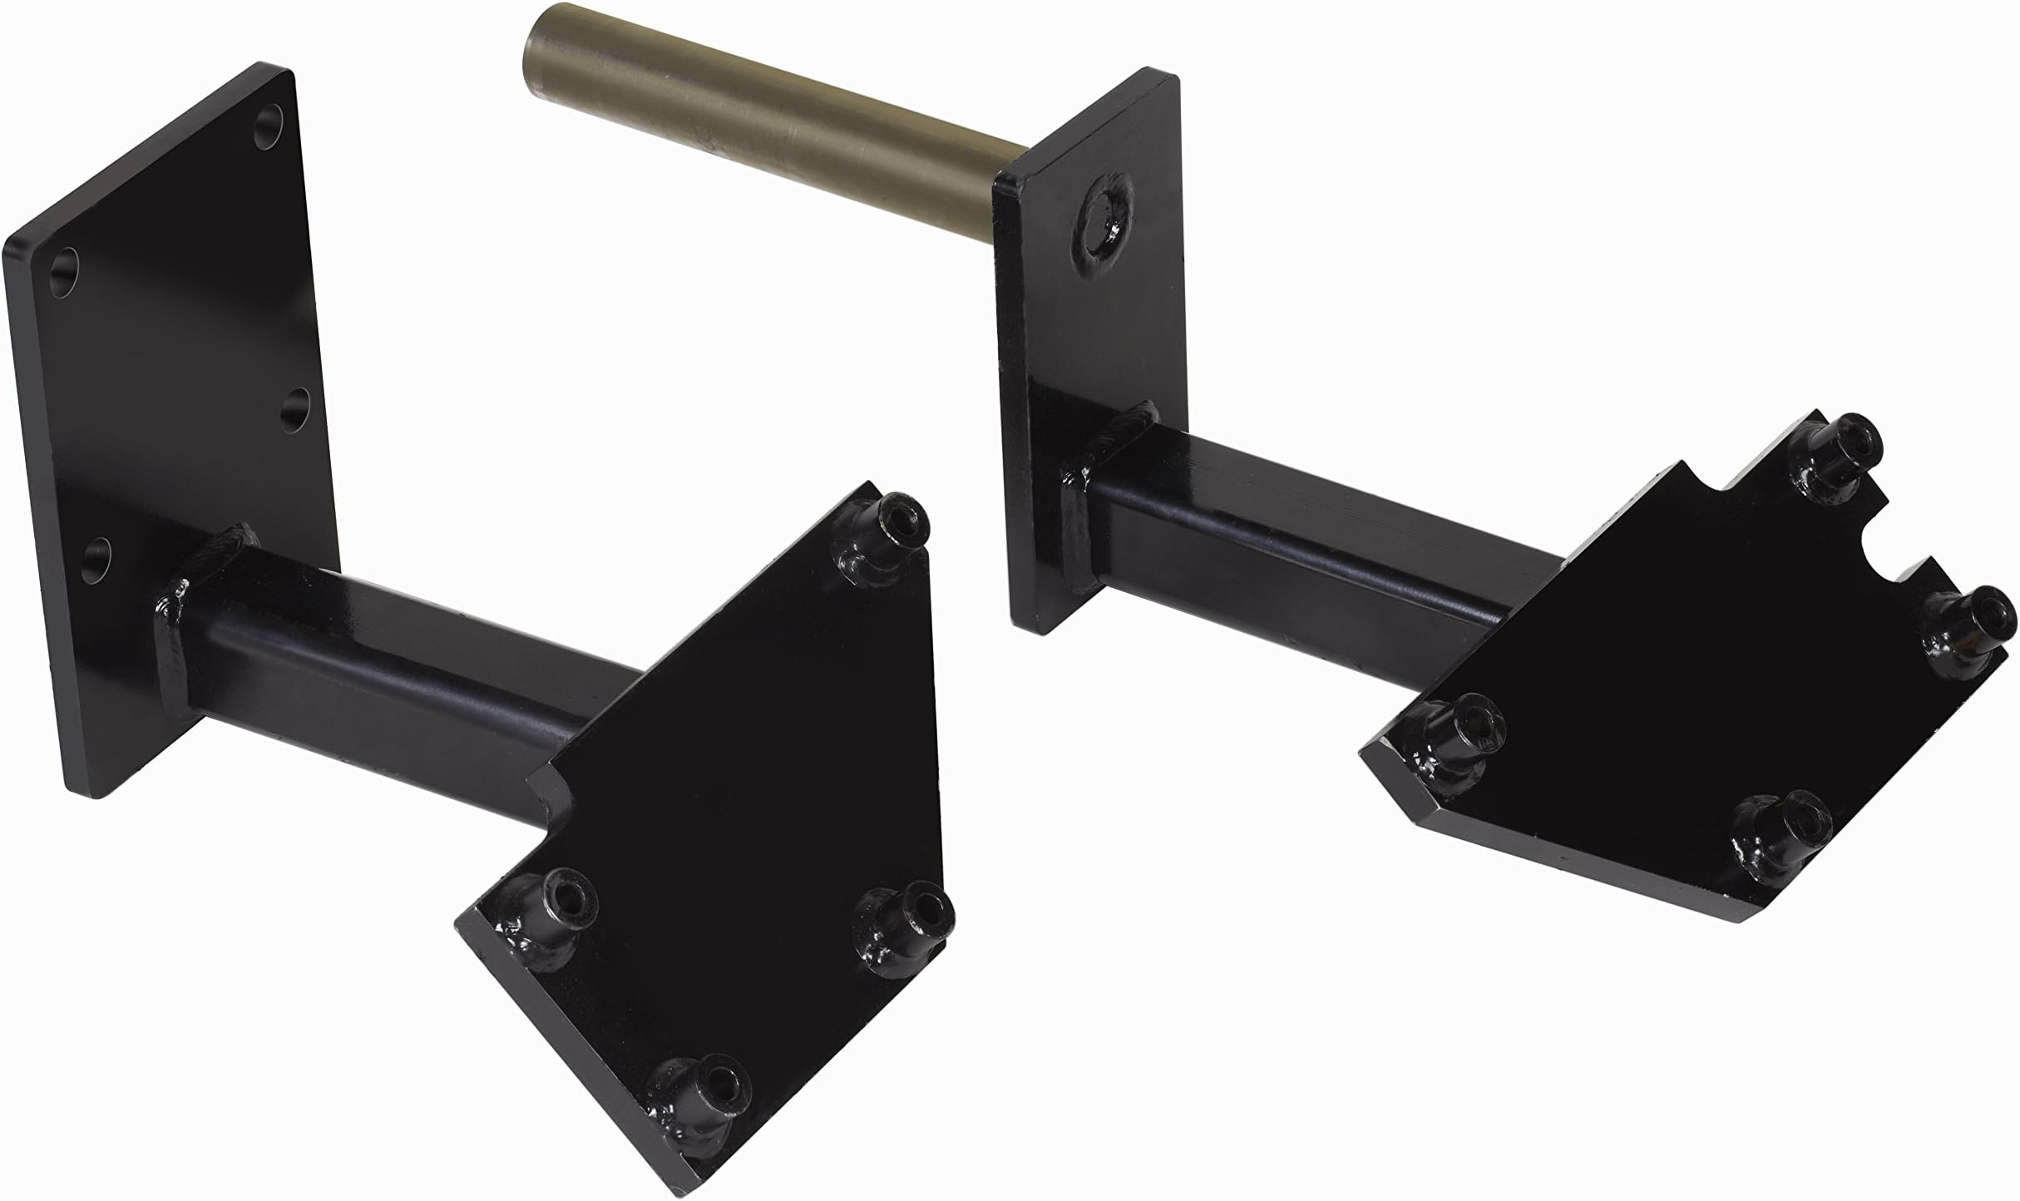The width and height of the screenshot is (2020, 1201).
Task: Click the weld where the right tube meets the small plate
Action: [1081, 499]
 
